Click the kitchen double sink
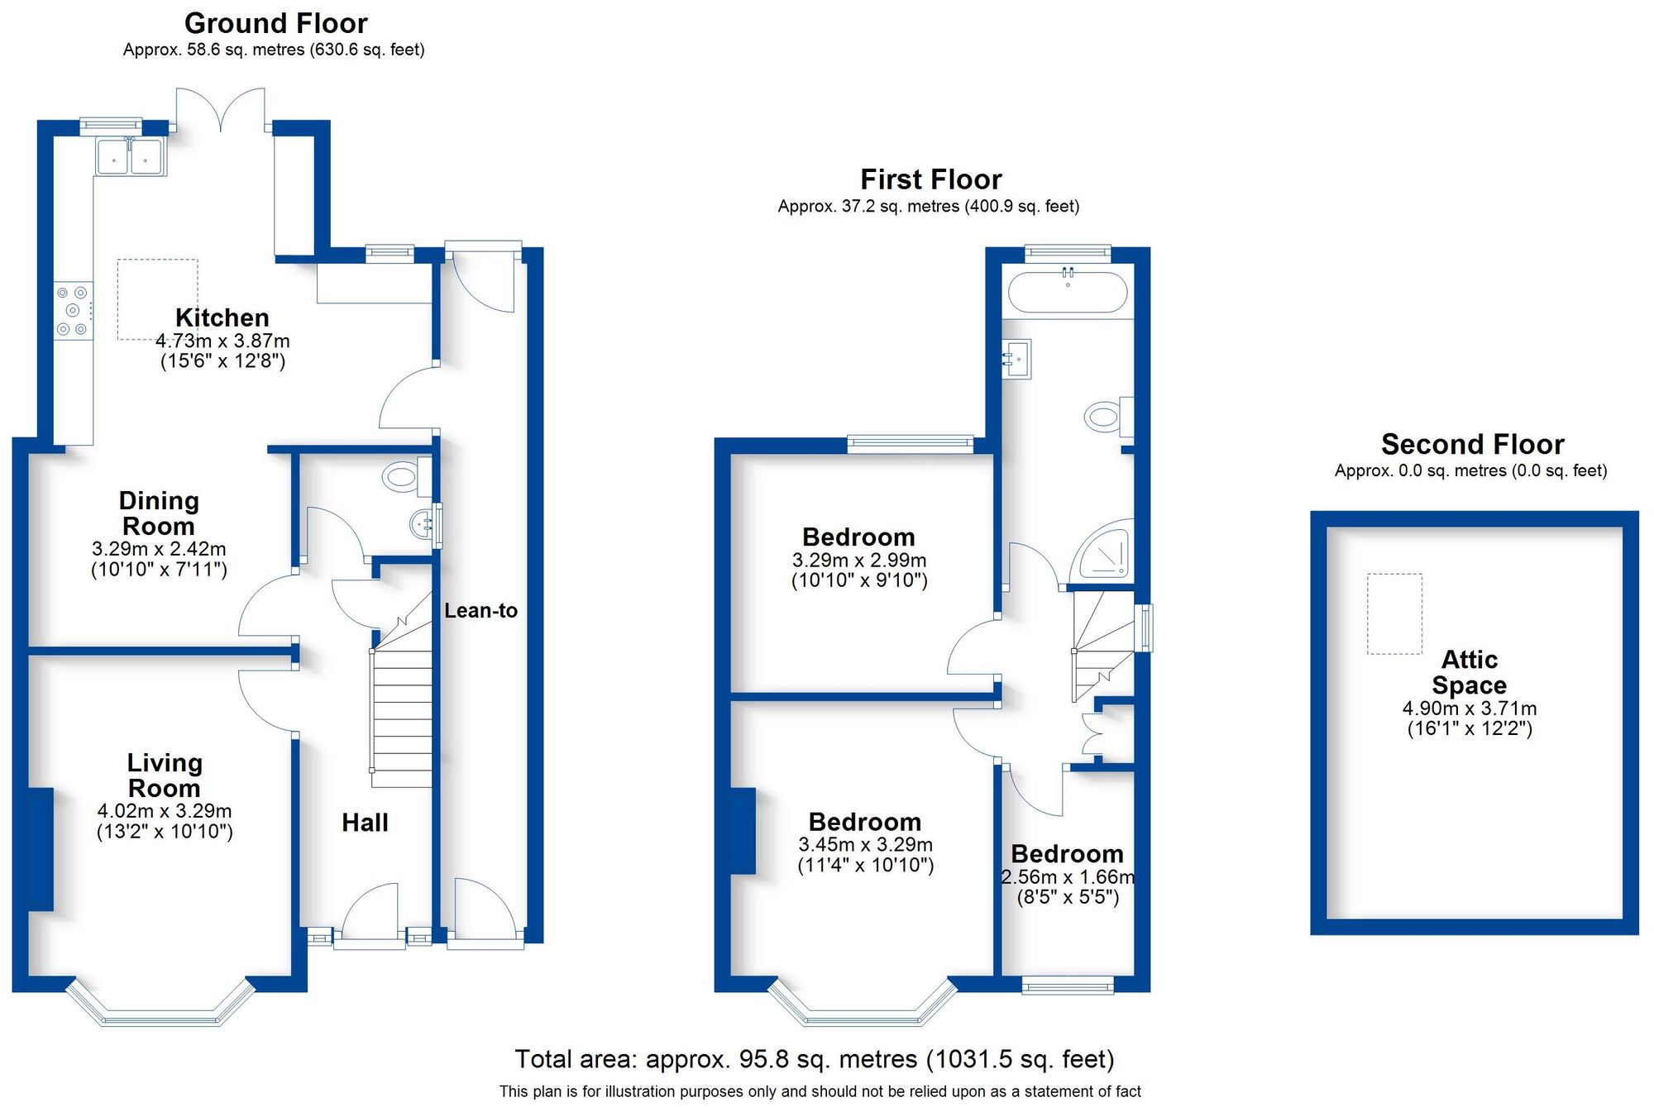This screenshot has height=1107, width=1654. pos(131,156)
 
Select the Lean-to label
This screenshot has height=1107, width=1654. pos(480,610)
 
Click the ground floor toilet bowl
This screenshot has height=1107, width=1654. pos(401,477)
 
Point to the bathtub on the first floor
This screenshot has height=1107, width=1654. pos(1067,293)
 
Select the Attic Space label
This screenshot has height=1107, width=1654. pos(1469,672)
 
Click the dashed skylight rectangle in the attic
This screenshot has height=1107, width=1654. pos(1394,613)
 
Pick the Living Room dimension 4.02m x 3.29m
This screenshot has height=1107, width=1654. pos(165,811)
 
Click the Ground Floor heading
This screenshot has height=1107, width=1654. pos(275,23)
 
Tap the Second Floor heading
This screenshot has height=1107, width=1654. pos(1472,444)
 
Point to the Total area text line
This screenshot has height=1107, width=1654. pos(815,1059)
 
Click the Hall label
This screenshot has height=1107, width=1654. pos(365,822)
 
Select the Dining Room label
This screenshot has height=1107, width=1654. pos(159,513)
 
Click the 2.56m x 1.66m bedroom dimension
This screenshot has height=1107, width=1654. pos(1067,876)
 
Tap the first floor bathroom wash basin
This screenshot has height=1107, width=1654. pos(1018,359)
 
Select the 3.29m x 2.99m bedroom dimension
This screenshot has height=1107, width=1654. pos(858,560)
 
